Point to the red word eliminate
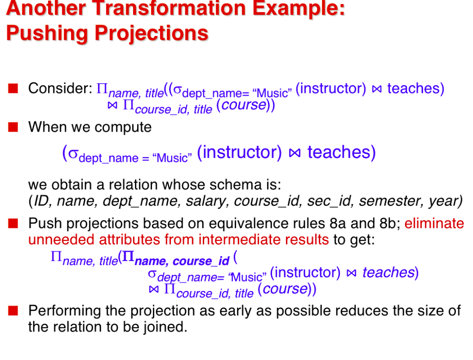434,224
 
